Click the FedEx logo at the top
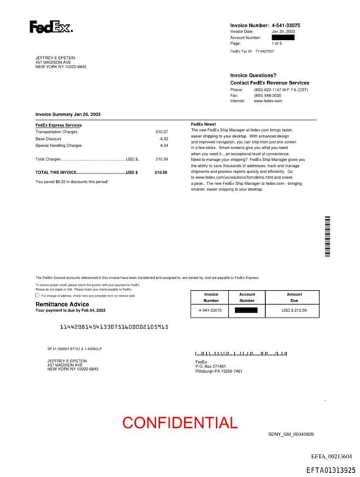click(50, 27)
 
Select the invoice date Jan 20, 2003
click(284, 32)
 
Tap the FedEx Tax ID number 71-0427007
click(264, 51)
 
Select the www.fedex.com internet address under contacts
click(267, 101)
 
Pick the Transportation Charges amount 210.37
click(162, 132)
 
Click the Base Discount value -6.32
click(163, 139)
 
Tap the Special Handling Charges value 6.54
click(164, 145)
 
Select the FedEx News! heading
click(203, 125)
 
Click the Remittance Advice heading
click(62, 304)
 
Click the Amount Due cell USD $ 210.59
click(294, 310)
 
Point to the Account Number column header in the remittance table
click(247, 297)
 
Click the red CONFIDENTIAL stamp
click(180, 423)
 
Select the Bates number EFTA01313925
click(330, 469)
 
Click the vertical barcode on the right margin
click(327, 236)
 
